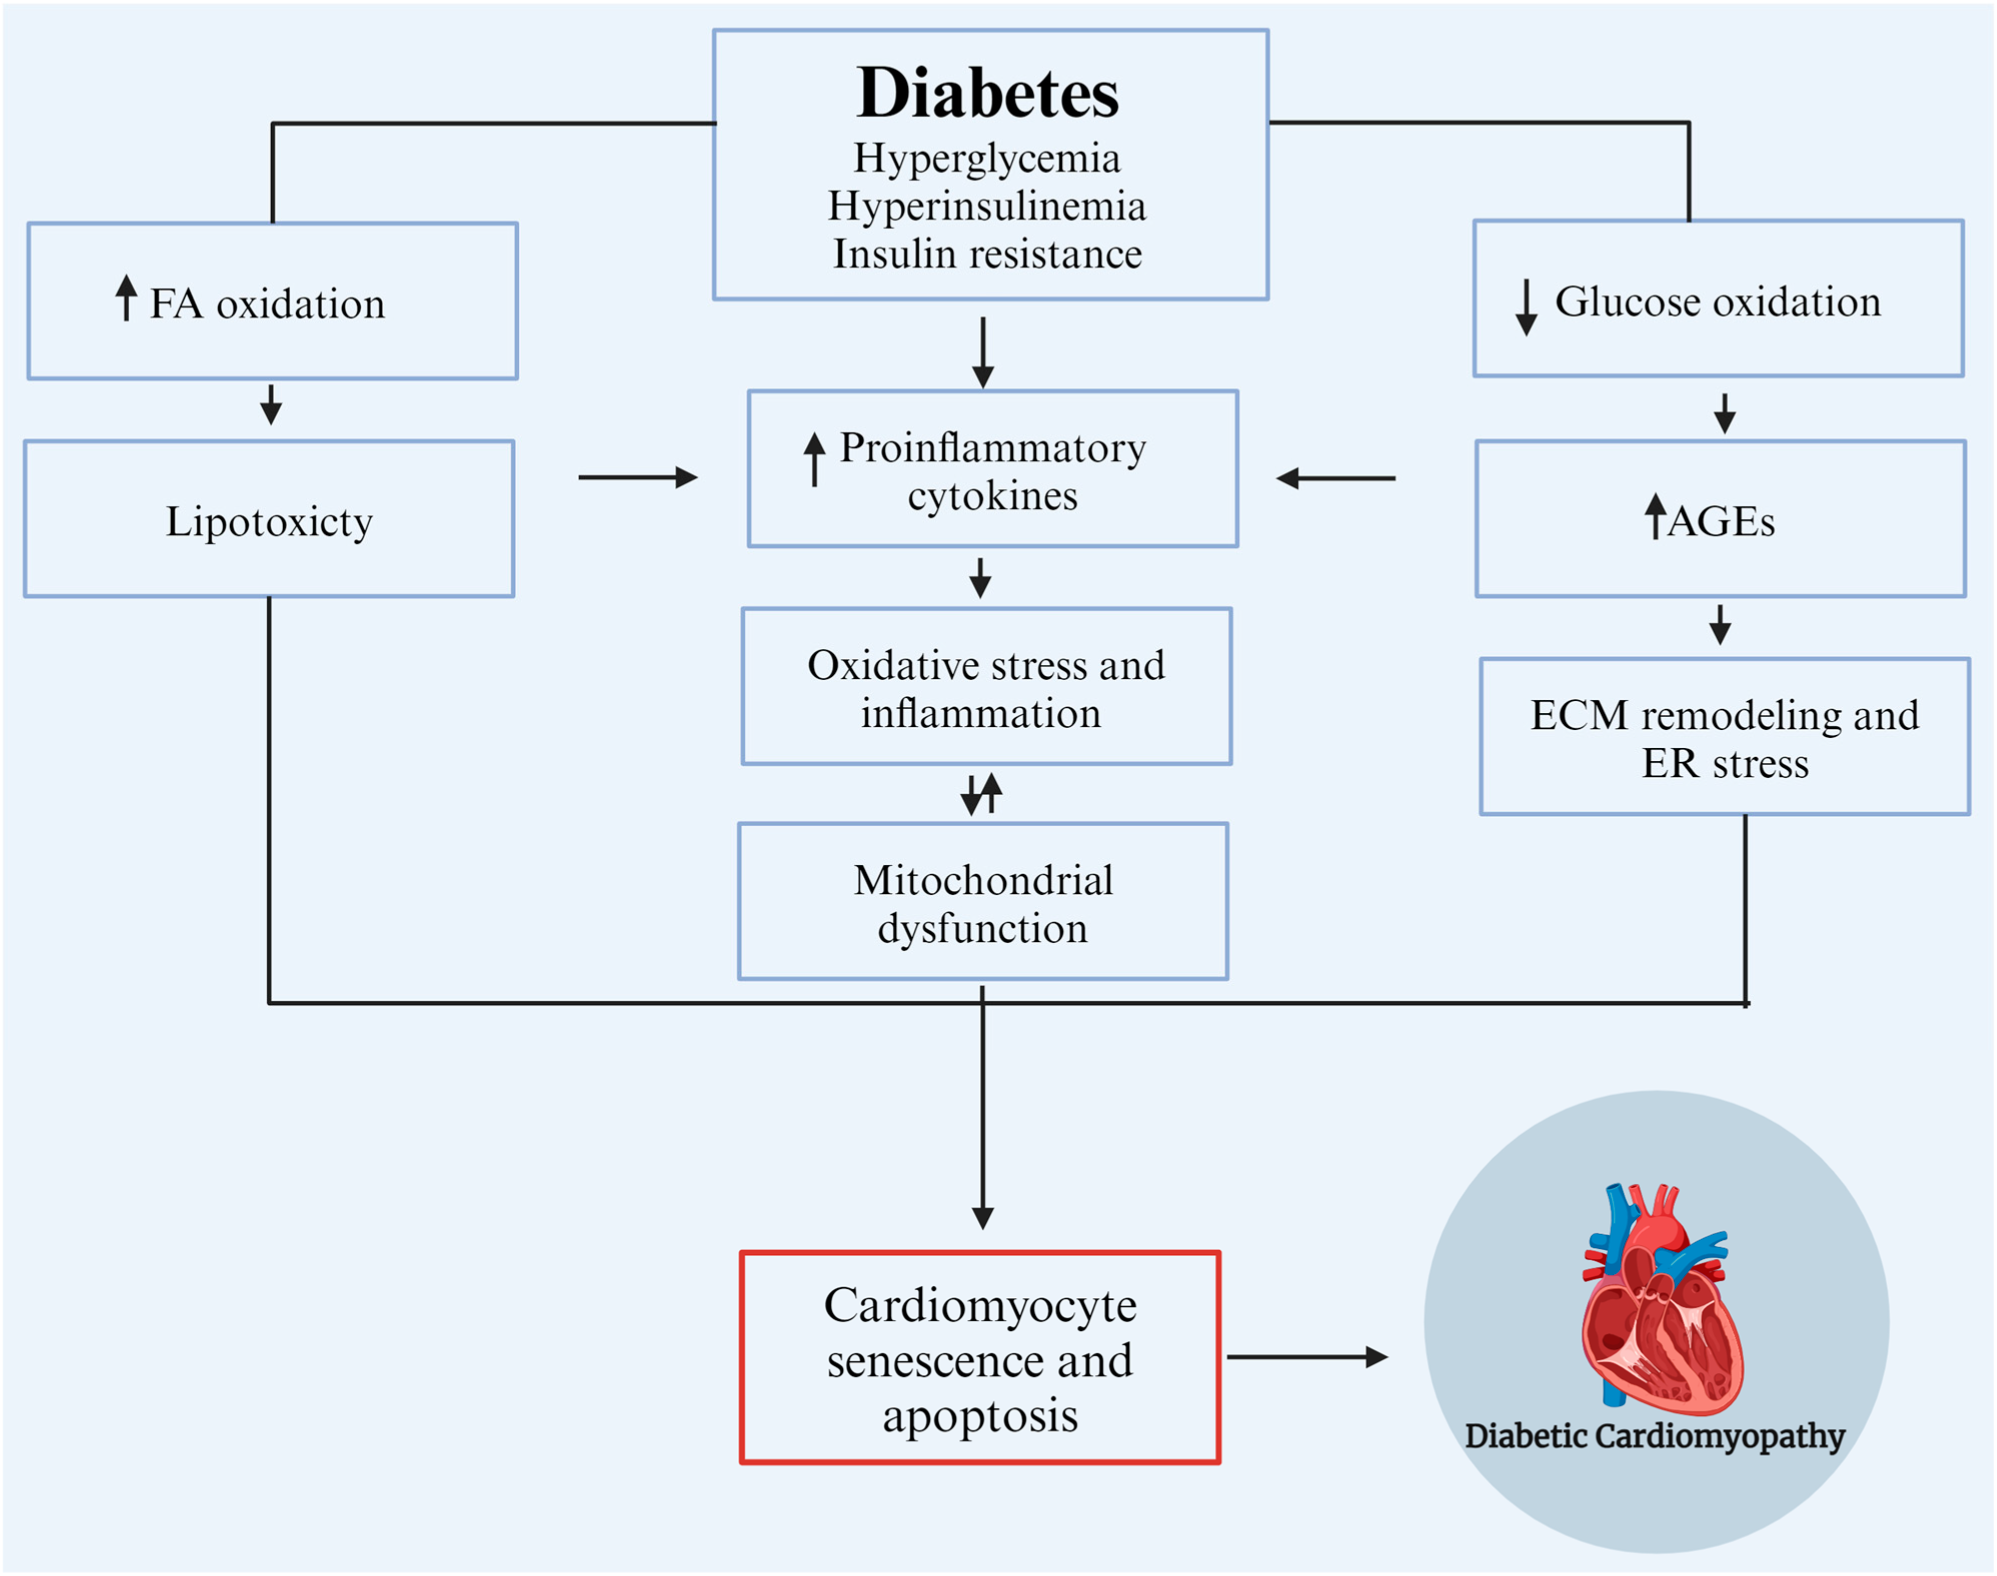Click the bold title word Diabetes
[987, 94]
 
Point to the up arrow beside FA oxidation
[127, 297]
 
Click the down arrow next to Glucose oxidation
[1526, 307]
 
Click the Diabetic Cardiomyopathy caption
[1655, 1436]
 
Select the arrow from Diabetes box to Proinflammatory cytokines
[983, 353]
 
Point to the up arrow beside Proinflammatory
[814, 459]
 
